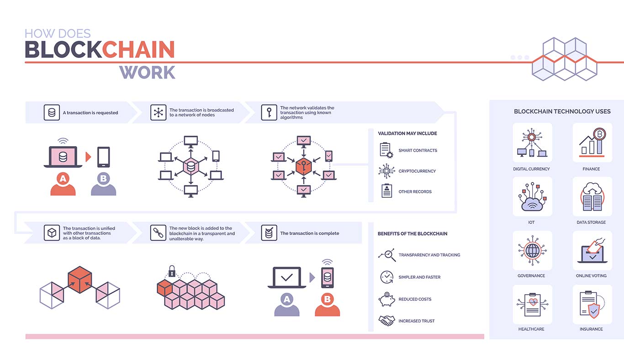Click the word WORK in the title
(148, 73)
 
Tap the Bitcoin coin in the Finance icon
(599, 135)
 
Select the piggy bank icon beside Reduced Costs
(386, 299)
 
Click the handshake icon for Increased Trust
(386, 321)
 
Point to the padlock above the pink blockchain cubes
(172, 271)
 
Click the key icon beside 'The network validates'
(269, 112)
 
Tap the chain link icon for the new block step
(158, 233)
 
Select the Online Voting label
(591, 275)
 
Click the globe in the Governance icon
(532, 251)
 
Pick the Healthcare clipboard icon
(532, 304)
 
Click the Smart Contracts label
(418, 150)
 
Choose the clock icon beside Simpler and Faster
(386, 277)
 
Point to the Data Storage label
(591, 222)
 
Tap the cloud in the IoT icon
(532, 205)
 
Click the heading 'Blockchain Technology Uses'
(562, 111)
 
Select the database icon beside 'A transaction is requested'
(52, 112)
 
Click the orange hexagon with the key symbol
(303, 166)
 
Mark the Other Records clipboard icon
(386, 191)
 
